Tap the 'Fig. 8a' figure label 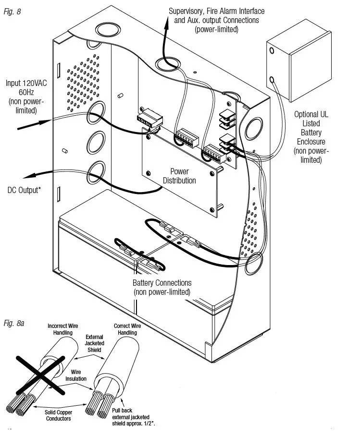click(14, 323)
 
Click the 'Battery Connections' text click(162, 283)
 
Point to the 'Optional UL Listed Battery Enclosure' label click(312, 137)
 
